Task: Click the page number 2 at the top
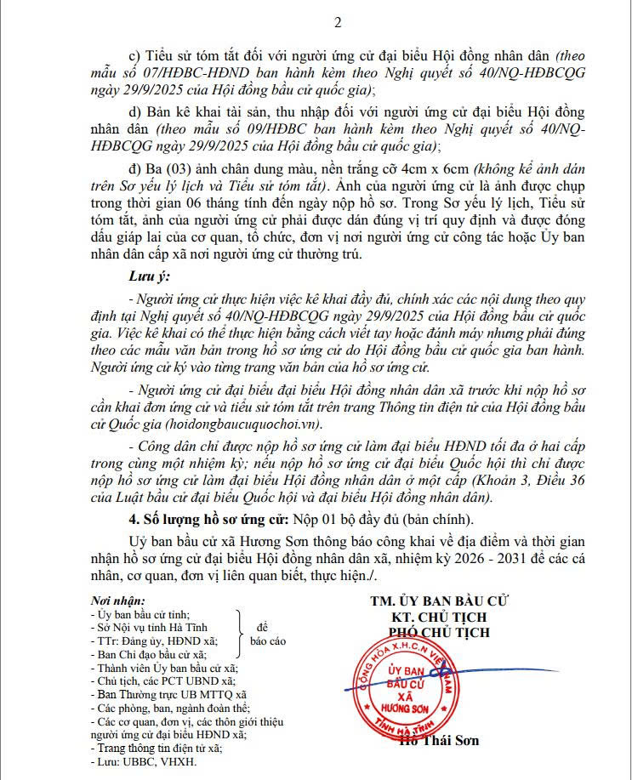(315, 21)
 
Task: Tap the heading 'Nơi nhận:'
(122, 601)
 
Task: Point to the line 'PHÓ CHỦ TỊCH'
(439, 632)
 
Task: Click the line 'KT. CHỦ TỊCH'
(439, 616)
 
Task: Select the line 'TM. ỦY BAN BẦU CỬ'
(439, 601)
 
